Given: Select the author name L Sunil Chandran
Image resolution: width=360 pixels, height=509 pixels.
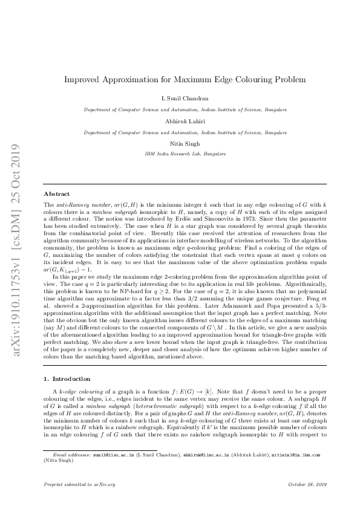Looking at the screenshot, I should click(180, 97).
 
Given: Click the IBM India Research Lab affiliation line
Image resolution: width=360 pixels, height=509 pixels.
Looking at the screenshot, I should click(180, 154).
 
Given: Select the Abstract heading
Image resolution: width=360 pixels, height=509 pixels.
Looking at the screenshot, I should click(57, 193).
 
